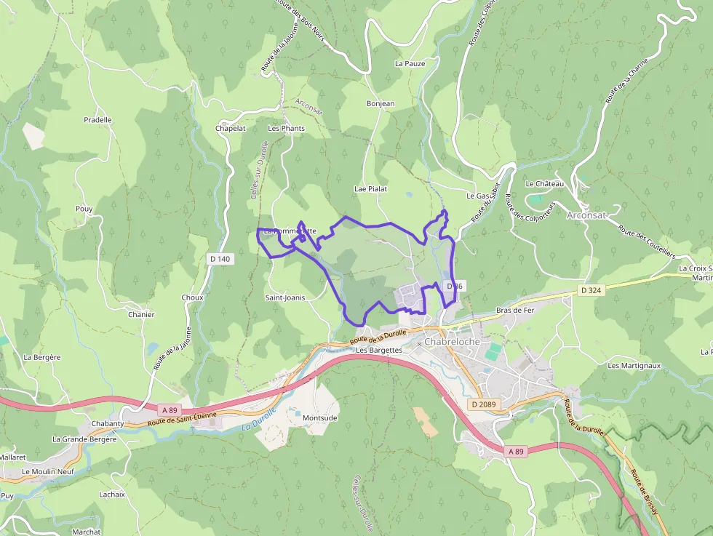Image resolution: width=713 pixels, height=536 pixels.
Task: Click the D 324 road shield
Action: tap(591, 290)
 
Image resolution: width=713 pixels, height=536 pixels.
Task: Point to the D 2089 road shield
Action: tap(483, 404)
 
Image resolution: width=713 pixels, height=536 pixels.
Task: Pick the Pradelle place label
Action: tap(97, 120)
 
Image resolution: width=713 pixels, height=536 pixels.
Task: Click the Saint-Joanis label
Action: tap(284, 297)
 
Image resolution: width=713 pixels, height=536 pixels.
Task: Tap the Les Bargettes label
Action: tap(379, 350)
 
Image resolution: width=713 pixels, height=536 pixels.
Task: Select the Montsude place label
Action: tap(320, 418)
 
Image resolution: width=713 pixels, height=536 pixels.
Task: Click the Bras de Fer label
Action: tap(515, 310)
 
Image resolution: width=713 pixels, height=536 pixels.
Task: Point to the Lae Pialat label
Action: tap(370, 188)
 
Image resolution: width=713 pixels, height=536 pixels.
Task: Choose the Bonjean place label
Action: tap(381, 104)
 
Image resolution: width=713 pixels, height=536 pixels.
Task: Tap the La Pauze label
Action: tap(410, 63)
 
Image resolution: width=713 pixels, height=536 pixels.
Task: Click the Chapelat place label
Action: tap(231, 128)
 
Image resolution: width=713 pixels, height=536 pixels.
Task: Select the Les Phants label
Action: tap(287, 128)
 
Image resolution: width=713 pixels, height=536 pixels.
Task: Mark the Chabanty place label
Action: tap(108, 423)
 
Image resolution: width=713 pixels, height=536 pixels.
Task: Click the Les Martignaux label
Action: tap(633, 365)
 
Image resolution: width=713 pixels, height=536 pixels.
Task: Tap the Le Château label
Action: tap(544, 184)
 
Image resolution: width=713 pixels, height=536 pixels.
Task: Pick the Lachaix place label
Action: tap(112, 494)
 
